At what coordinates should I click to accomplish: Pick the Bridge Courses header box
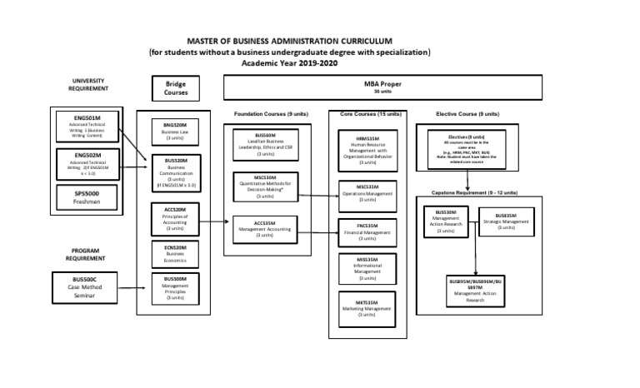tap(176, 89)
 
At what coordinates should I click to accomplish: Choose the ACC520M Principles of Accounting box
tap(175, 220)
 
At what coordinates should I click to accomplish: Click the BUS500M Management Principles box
tap(175, 287)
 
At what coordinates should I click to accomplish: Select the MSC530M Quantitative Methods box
tap(265, 187)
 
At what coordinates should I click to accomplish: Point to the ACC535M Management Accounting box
tap(265, 229)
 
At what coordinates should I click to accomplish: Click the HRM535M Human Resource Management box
tap(367, 151)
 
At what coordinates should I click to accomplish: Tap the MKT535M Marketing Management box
tap(367, 308)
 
